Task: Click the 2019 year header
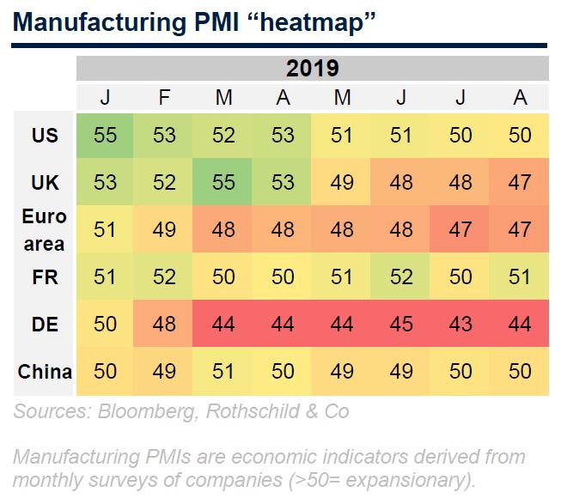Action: coord(313,69)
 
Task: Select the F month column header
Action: coord(164,97)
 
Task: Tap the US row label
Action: coord(45,136)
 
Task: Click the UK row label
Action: coord(45,182)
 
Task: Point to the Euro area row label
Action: coord(45,230)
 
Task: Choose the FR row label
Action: coord(45,277)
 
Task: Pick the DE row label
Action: coord(45,325)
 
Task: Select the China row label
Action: coord(45,372)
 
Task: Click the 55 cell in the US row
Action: coord(105,136)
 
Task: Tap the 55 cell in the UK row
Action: coord(223,182)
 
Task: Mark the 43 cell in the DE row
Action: coord(460,324)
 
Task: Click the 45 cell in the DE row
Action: coord(400,324)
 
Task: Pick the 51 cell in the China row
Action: coord(223,371)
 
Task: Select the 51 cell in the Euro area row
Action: coord(105,229)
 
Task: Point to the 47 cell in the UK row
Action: coord(519,182)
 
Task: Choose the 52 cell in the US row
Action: coord(223,136)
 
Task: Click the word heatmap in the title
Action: coord(312,23)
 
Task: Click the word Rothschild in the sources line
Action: coord(253,411)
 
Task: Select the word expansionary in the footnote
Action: coord(407,481)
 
